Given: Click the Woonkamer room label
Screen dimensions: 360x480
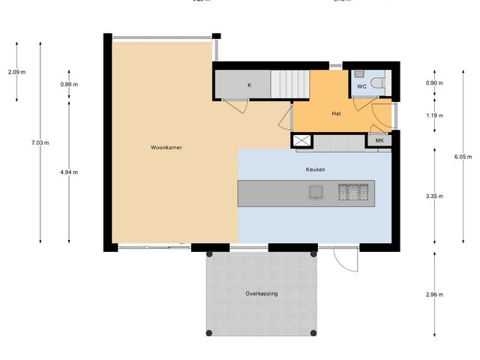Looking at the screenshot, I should click(166, 148).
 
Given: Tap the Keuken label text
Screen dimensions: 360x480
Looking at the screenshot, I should click(315, 170).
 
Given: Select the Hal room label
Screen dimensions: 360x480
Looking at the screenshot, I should click(337, 114).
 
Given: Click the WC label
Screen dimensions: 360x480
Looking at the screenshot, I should click(361, 87).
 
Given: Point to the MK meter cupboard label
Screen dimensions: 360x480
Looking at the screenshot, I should click(379, 140).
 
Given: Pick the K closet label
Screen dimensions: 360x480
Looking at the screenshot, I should click(249, 85).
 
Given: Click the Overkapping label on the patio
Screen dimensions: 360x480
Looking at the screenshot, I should click(261, 293).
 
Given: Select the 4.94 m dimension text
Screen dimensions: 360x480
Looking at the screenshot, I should click(69, 172).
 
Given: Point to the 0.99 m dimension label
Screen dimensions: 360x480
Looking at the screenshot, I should click(69, 84).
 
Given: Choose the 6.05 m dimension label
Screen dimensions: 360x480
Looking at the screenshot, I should click(463, 157).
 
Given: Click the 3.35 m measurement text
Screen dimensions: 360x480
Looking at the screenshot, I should click(434, 196).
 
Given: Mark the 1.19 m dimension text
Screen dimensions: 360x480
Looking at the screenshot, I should click(434, 115).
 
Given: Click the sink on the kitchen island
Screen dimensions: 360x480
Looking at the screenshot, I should click(316, 193).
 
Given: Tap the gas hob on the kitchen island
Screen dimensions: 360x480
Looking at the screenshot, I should click(355, 193).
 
